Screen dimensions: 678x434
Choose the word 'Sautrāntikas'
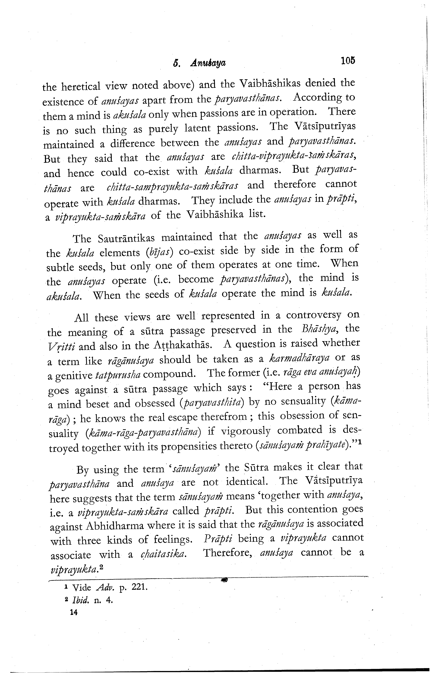(x=126, y=238)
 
